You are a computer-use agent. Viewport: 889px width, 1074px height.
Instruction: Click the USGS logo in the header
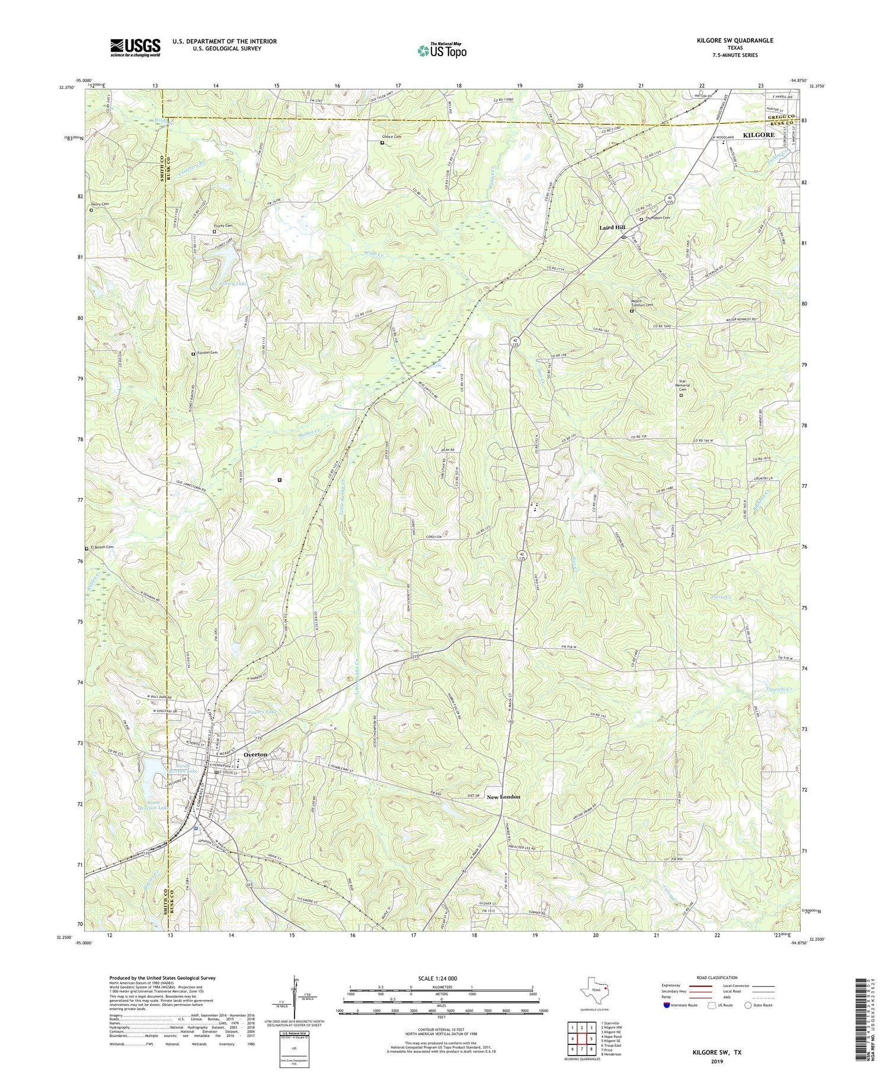[x=135, y=47]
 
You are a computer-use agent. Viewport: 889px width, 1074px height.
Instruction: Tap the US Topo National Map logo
[x=442, y=50]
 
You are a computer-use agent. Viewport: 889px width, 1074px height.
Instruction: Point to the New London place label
[x=503, y=797]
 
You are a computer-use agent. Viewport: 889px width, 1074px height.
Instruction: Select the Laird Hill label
[x=612, y=227]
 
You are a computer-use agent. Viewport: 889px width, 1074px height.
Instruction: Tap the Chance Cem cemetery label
[x=392, y=137]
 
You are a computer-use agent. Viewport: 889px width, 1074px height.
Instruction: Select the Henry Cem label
[x=101, y=204]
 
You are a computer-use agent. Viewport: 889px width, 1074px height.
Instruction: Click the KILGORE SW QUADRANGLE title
[x=736, y=40]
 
